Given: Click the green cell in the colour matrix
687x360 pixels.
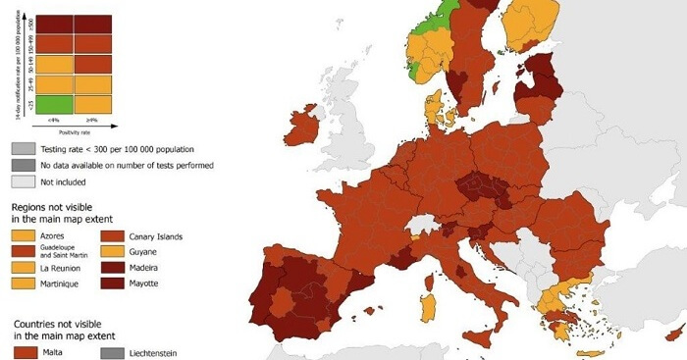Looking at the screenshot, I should [x=56, y=103].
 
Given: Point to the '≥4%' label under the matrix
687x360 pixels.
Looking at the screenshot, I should [x=93, y=120].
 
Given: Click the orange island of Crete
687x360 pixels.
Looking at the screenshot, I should [x=588, y=354].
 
